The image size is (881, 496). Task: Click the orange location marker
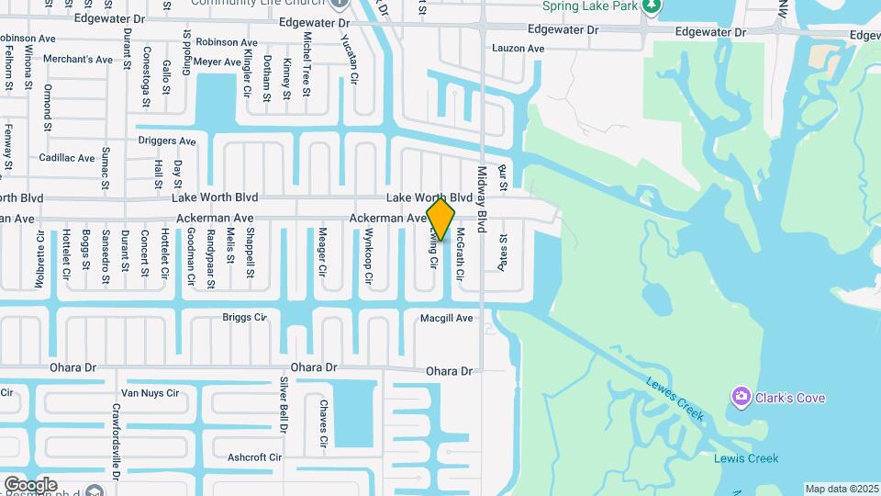pos(440,220)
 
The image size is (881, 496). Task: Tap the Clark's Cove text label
pos(790,398)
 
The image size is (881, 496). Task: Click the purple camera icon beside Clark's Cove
pos(741,397)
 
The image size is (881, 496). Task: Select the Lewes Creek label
pos(675,400)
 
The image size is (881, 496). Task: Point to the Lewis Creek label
pos(746,458)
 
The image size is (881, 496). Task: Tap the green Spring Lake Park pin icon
pos(652,6)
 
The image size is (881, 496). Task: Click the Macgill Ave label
pos(446,318)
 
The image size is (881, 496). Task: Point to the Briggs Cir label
pos(244,318)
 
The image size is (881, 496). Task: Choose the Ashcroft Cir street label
pos(254,457)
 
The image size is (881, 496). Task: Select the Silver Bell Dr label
pos(284,404)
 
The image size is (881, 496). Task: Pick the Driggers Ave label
pos(167,141)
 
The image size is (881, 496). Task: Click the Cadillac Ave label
pos(67,158)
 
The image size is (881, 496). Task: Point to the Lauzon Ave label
pos(519,48)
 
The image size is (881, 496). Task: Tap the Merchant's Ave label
pos(84,60)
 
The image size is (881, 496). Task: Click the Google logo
pos(30,484)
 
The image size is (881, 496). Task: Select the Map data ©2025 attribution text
pos(842,489)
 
